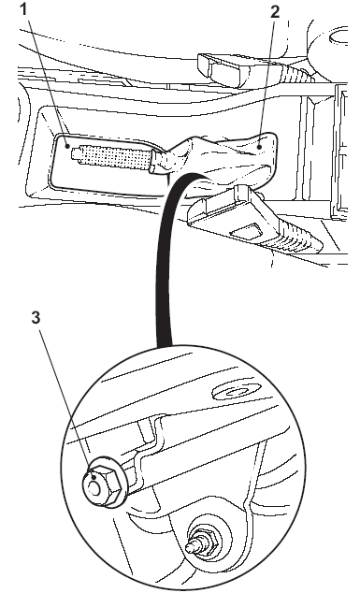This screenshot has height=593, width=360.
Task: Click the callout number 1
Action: coord(23,9)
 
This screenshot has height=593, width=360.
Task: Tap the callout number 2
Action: coord(275,11)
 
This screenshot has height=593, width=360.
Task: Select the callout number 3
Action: coord(36,318)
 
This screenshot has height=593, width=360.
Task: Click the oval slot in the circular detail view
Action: coord(238,392)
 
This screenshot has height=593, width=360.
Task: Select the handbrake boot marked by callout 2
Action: coord(216,159)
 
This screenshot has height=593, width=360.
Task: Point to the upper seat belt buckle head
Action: coord(223,70)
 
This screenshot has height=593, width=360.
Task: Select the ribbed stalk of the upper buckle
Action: coord(296,73)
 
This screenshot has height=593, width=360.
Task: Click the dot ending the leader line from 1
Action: coord(66,145)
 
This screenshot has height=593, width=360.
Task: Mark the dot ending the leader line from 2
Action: coord(259,147)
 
